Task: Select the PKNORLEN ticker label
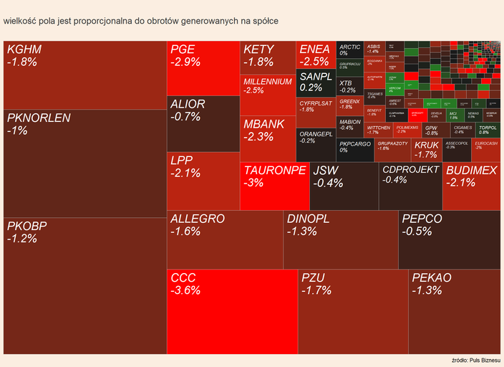click(x=39, y=118)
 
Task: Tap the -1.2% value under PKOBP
click(x=21, y=239)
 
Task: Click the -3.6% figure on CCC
click(x=185, y=290)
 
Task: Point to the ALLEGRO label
click(x=198, y=219)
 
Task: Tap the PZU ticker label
click(x=313, y=277)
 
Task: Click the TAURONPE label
click(x=275, y=171)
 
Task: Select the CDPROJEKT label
click(x=410, y=170)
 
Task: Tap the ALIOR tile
click(x=203, y=123)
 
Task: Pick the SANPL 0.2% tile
click(x=316, y=83)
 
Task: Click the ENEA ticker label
click(x=314, y=49)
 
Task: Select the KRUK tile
click(x=426, y=149)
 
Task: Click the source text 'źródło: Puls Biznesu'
click(x=476, y=359)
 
